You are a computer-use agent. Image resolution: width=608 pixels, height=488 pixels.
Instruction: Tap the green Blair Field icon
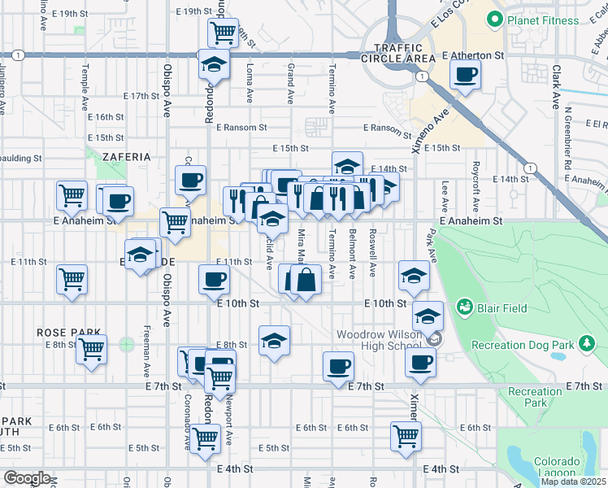coord(465,307)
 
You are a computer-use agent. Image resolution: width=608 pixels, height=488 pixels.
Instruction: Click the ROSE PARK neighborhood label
coord(70,333)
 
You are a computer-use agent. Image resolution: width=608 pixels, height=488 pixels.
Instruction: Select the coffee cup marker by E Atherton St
coord(466,75)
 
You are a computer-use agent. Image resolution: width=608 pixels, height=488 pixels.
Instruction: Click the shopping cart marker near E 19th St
coord(223,33)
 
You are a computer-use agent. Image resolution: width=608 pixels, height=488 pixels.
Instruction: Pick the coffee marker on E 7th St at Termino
coord(338,366)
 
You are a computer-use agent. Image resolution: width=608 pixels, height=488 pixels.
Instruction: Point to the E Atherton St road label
coord(473,55)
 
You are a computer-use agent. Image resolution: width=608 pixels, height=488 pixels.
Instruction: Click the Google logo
coord(28,478)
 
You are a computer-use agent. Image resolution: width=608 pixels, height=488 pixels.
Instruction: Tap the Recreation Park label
coord(535,397)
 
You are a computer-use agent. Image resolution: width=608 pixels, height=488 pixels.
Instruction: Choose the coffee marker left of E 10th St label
coord(215,280)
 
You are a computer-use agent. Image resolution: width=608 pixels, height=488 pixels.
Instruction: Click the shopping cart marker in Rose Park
coord(91,349)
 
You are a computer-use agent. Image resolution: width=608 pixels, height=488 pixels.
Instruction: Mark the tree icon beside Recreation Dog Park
coord(586,345)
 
